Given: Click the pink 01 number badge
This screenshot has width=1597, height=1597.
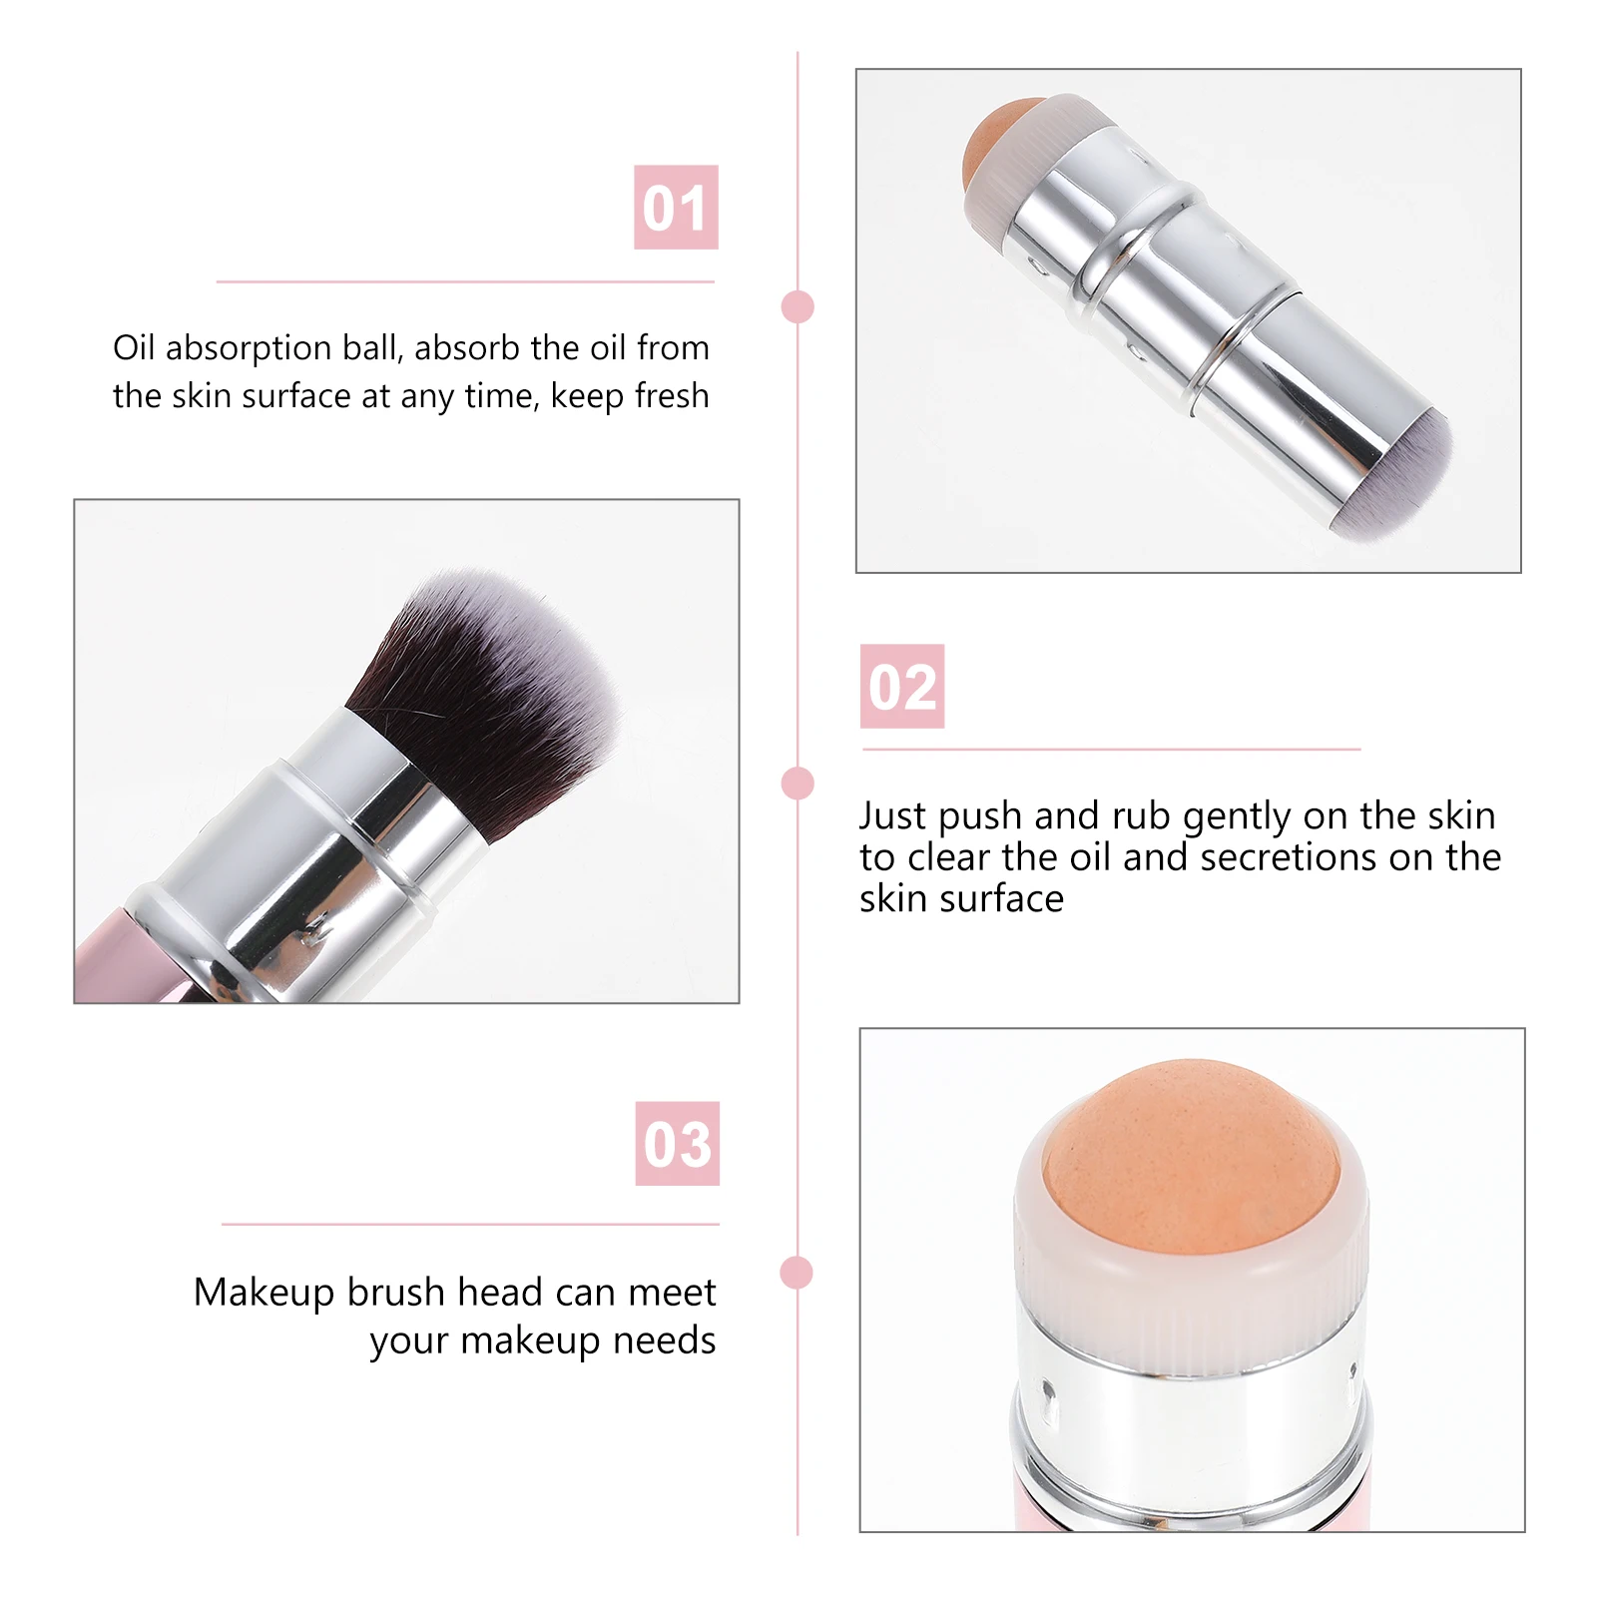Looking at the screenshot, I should [676, 208].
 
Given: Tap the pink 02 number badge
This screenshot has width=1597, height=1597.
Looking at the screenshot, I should [902, 687].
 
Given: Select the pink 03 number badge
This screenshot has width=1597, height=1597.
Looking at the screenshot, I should [677, 1144].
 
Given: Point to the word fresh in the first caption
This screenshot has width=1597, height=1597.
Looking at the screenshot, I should [671, 396].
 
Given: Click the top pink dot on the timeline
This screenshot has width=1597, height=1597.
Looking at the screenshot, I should [798, 307].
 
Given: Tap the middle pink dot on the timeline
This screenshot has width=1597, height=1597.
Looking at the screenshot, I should [798, 784].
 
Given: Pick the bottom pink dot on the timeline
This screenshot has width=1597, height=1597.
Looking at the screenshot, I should [797, 1273].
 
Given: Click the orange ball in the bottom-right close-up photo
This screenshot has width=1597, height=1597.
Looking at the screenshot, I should [1191, 1148].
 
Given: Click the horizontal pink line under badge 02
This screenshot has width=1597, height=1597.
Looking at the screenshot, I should [1110, 749].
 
